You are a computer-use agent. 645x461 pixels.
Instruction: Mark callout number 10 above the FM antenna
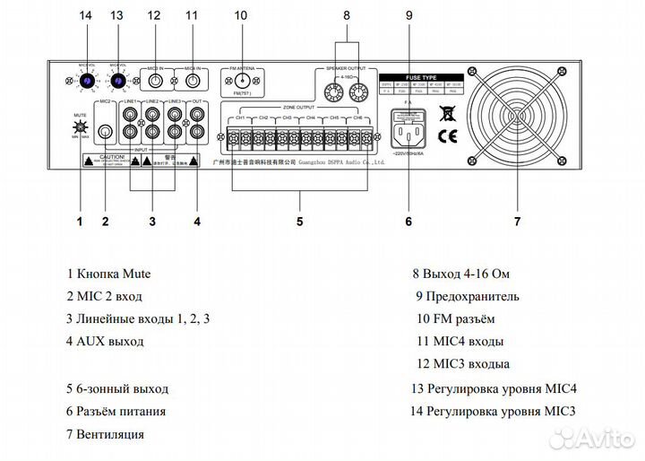(240, 15)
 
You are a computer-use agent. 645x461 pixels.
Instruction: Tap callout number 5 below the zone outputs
(299, 220)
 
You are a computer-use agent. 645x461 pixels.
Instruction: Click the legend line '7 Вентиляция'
(105, 435)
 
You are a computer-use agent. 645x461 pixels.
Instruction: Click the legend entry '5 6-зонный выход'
(116, 388)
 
